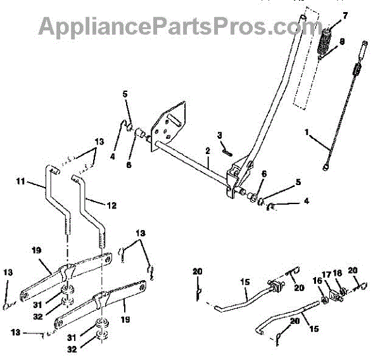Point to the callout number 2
point(207,150)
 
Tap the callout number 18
point(339,273)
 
